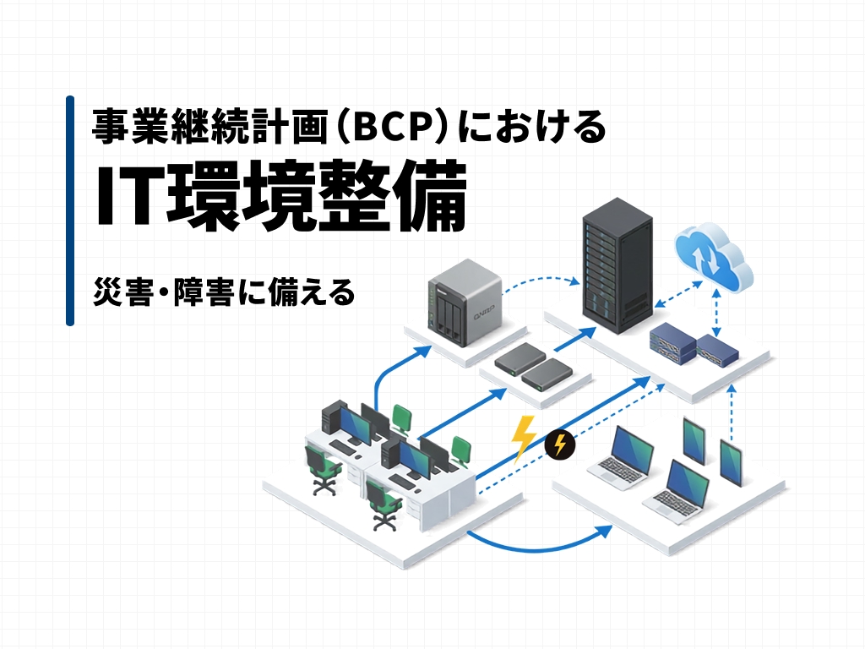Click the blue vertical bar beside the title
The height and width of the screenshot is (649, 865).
pos(70,210)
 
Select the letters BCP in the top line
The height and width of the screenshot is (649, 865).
pos(392,127)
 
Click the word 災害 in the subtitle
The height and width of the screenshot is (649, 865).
pos(123,292)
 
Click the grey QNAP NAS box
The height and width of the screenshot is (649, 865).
pos(465,303)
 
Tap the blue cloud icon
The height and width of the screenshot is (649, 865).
pos(713,257)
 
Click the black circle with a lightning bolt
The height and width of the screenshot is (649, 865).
pos(560,444)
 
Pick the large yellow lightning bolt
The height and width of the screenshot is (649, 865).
pos(523,439)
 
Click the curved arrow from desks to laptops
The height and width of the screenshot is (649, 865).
pos(538,543)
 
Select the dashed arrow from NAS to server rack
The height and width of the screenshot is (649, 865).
pos(543,280)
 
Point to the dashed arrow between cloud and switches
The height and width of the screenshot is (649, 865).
pos(716,313)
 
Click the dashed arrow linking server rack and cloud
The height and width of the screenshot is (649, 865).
pos(678,295)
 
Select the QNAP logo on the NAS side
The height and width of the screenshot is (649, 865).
pos(484,313)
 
